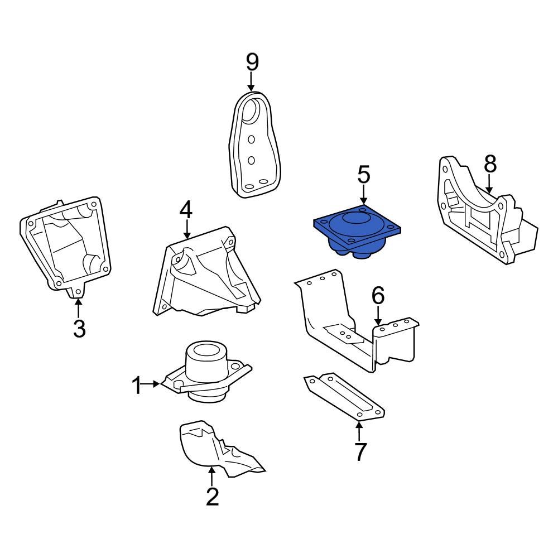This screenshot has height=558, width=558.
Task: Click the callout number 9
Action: point(252,62)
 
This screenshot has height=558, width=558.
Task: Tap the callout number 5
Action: point(364,174)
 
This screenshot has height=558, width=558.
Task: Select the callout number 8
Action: point(490,165)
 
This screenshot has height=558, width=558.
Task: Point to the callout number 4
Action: point(186,210)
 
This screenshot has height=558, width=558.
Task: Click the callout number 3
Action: point(79,328)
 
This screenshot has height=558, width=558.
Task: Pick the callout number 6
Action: point(378,295)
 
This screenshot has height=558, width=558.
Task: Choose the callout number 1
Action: point(137,386)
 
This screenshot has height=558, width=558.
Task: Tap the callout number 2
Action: point(212,497)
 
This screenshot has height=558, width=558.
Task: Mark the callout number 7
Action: point(360,451)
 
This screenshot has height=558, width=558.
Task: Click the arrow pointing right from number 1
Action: point(150,384)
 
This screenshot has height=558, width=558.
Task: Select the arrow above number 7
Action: point(359,431)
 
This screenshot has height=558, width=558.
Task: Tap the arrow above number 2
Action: point(211,477)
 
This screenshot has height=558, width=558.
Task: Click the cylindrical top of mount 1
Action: point(206,358)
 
